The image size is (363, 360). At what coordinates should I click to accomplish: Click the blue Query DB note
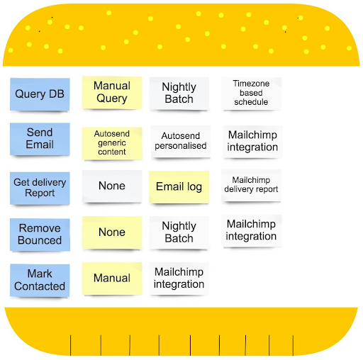click(40, 94)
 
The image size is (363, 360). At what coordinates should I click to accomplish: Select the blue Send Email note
click(40, 139)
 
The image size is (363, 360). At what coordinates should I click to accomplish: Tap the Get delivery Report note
click(40, 188)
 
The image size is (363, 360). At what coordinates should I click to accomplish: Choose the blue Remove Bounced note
click(40, 235)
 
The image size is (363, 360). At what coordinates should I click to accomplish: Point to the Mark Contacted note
click(40, 280)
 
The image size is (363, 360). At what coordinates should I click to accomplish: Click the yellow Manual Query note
click(112, 93)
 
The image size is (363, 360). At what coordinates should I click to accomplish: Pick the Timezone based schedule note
click(251, 94)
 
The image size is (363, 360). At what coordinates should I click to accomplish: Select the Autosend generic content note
click(112, 143)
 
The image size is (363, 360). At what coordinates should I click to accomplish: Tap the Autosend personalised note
click(181, 141)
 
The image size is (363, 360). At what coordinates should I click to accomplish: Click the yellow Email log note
click(179, 187)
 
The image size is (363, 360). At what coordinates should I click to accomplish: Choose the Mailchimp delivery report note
click(251, 185)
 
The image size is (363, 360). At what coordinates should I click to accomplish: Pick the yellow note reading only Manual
click(112, 279)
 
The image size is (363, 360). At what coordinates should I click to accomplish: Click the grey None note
click(112, 186)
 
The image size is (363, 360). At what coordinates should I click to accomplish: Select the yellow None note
click(112, 232)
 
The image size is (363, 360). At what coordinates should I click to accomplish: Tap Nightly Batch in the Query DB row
click(179, 94)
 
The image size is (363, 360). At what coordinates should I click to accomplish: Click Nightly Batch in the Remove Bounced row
click(179, 232)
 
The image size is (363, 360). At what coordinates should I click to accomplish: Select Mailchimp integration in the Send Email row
click(252, 142)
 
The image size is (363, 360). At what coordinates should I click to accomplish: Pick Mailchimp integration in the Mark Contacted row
click(179, 279)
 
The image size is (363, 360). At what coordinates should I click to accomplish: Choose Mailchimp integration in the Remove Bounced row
click(251, 230)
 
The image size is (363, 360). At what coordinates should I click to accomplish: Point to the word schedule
click(251, 102)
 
